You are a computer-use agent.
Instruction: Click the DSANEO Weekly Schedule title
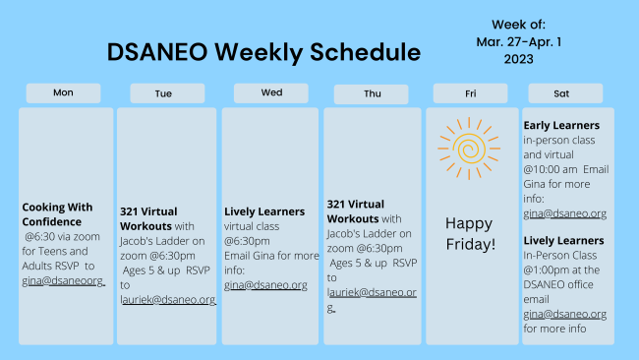pyautogui.click(x=262, y=52)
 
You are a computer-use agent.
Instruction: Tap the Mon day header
pyautogui.click(x=63, y=92)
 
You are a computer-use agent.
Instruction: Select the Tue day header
pyautogui.click(x=166, y=93)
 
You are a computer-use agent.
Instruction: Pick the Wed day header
pyautogui.click(x=271, y=92)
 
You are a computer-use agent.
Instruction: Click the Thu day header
pyautogui.click(x=371, y=94)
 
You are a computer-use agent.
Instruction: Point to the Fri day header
pyautogui.click(x=471, y=93)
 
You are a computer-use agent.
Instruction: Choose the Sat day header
pyautogui.click(x=561, y=93)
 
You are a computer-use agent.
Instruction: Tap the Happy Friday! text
pyautogui.click(x=469, y=232)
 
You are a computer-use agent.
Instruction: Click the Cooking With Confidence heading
pyautogui.click(x=57, y=214)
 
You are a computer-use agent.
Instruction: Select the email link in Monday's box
pyautogui.click(x=63, y=280)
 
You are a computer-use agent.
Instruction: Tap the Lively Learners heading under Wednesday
pyautogui.click(x=263, y=211)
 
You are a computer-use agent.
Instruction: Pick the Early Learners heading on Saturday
pyautogui.click(x=561, y=125)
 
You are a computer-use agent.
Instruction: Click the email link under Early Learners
pyautogui.click(x=564, y=213)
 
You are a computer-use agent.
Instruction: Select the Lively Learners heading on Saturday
pyautogui.click(x=564, y=240)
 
